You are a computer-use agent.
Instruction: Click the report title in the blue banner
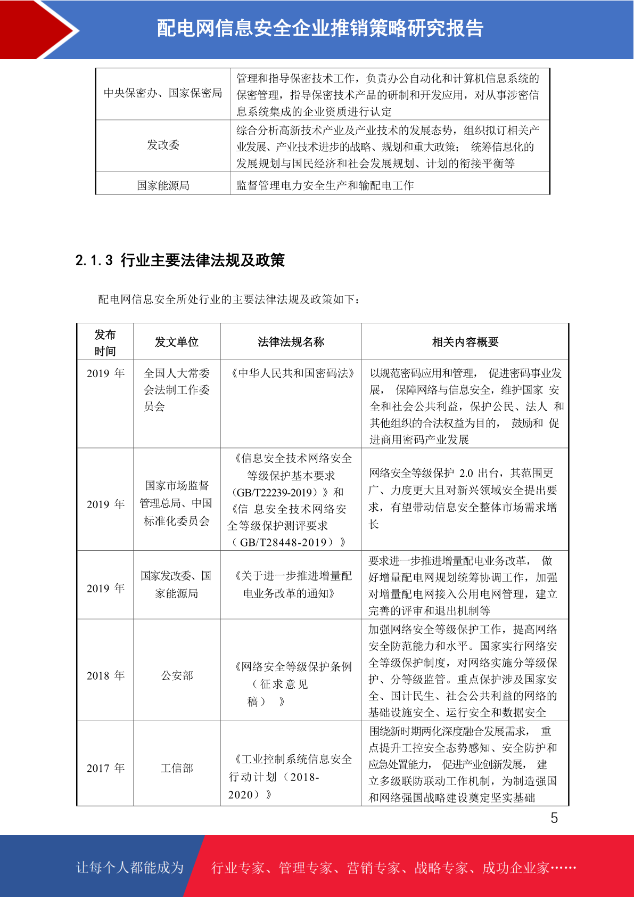(320, 28)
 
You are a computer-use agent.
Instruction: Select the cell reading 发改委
(163, 145)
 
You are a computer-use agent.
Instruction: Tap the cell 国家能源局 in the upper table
(163, 185)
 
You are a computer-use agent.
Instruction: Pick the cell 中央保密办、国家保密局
(163, 93)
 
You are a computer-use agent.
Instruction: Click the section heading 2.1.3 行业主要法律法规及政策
(180, 260)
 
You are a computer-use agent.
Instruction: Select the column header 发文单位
(177, 342)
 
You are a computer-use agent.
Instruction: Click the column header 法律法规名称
(291, 342)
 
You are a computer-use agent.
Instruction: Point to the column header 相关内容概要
(465, 342)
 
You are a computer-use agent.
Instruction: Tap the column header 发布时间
(105, 343)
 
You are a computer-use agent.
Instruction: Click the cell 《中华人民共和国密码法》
(291, 373)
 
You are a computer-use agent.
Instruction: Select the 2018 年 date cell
(105, 675)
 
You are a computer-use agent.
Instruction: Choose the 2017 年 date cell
(105, 768)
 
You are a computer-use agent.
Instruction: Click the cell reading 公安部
(177, 675)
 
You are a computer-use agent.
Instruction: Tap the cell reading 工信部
(177, 768)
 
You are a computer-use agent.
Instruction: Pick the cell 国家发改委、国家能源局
(176, 584)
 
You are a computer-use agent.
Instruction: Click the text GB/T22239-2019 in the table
(277, 492)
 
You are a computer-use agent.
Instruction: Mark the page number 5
(554, 818)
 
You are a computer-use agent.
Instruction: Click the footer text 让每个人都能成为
(129, 868)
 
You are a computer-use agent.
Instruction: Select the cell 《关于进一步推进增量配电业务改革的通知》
(291, 584)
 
